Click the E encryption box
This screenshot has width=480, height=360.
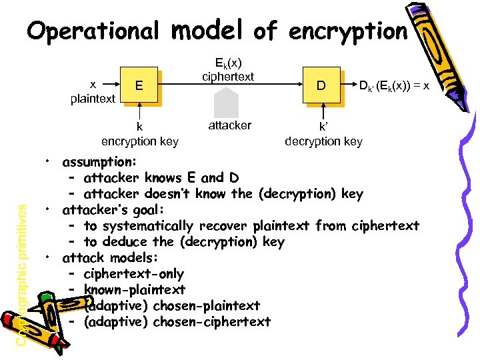(x=139, y=85)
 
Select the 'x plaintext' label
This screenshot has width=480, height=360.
(x=93, y=92)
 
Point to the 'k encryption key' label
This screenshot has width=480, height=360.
(x=139, y=133)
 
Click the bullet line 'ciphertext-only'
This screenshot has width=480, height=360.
(x=134, y=274)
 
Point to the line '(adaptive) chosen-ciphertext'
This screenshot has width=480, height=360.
(x=177, y=322)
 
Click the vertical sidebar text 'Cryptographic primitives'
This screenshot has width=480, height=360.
(x=22, y=273)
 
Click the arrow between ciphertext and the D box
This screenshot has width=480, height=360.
(x=280, y=86)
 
